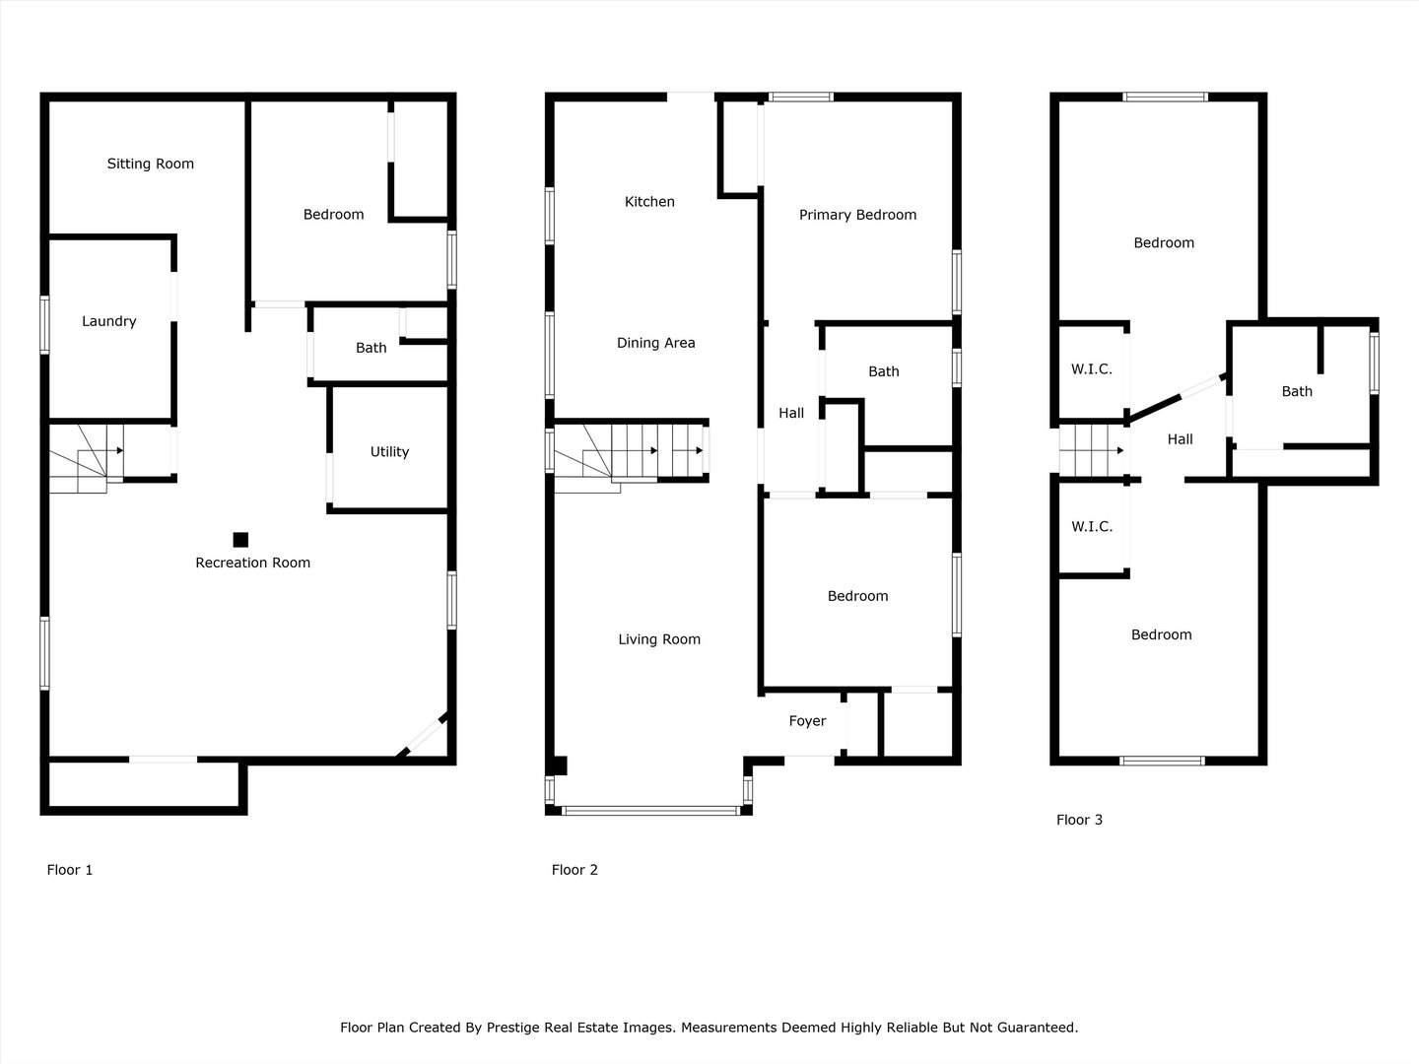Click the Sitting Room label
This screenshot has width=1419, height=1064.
(150, 165)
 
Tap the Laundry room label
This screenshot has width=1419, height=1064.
(108, 322)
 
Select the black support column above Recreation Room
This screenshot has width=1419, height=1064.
(240, 540)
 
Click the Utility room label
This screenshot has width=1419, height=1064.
(389, 452)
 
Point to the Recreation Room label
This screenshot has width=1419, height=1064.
(253, 563)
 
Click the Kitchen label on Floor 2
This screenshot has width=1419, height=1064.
(649, 202)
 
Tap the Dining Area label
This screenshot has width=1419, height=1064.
(655, 343)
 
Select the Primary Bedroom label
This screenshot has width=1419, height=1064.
(857, 215)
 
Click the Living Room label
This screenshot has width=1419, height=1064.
(659, 639)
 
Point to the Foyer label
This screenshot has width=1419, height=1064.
(807, 721)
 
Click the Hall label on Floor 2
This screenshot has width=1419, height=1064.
(791, 414)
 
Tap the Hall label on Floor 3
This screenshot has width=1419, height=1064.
(1180, 440)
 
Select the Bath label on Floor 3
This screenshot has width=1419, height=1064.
(1297, 391)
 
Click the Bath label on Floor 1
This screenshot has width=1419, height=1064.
(372, 348)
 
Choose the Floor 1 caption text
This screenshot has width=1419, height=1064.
(70, 870)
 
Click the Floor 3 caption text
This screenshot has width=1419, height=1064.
(1079, 820)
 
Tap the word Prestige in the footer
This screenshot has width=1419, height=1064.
(513, 1028)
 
